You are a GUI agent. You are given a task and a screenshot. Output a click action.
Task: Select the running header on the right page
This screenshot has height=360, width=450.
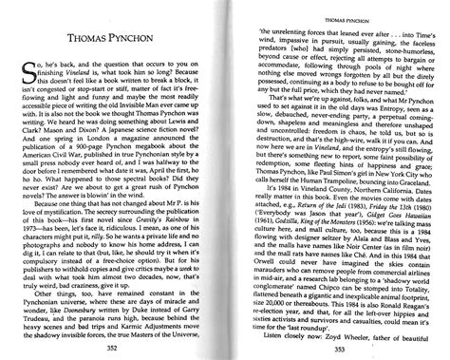tap(336, 16)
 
